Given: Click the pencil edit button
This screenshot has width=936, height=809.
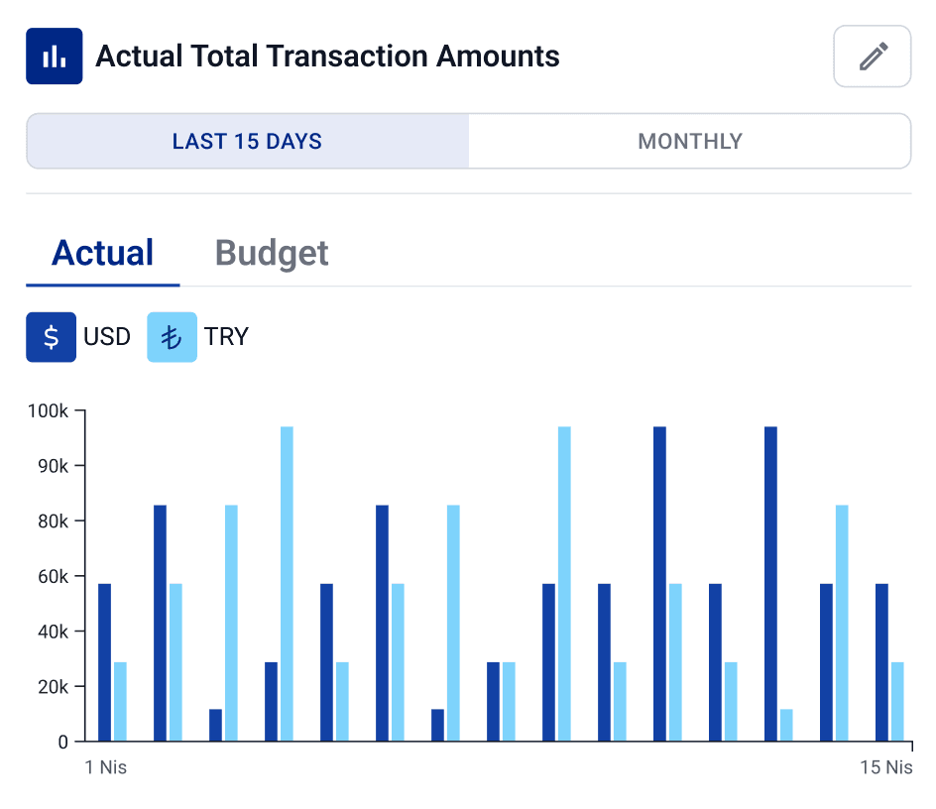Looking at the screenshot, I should click(872, 57).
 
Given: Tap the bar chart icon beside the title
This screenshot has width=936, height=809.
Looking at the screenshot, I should click(54, 57).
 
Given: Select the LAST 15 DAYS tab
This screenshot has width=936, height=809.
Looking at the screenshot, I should click(247, 141).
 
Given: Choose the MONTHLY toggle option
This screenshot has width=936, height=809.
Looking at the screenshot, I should click(689, 141).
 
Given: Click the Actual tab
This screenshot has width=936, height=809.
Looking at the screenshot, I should click(103, 254).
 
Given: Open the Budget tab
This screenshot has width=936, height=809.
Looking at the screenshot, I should click(272, 254).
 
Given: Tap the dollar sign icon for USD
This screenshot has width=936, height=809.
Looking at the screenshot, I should click(51, 337).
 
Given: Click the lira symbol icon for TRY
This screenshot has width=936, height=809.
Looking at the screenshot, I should click(172, 337).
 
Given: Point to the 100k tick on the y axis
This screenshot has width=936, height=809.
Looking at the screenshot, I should click(49, 410).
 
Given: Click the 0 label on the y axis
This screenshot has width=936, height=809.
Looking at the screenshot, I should click(62, 742).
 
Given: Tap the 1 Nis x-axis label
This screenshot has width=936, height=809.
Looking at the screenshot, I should click(106, 768).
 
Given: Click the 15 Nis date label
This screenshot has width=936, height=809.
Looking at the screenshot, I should click(885, 768).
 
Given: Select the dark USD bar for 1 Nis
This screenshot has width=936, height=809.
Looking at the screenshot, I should click(104, 662).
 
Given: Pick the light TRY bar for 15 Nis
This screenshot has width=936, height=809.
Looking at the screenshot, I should click(897, 702).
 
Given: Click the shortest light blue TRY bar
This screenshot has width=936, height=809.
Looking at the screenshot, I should click(786, 726).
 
